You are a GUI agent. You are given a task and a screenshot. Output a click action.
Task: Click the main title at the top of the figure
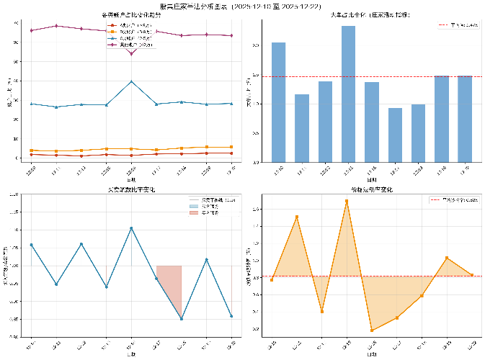point(242,5)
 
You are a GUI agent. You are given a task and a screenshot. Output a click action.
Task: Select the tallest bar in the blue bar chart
point(348,94)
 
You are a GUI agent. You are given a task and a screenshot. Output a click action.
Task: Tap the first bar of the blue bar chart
point(278,102)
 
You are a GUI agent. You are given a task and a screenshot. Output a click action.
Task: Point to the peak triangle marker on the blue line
point(131,81)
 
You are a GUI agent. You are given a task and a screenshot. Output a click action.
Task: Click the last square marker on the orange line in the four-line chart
point(231,147)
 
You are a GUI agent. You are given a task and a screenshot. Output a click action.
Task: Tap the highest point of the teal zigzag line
point(131,228)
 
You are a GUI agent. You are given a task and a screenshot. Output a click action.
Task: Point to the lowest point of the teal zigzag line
point(182,319)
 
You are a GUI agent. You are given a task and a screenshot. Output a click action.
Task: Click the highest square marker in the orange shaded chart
point(347,201)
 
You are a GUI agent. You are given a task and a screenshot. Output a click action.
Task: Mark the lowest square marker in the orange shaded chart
point(372,330)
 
